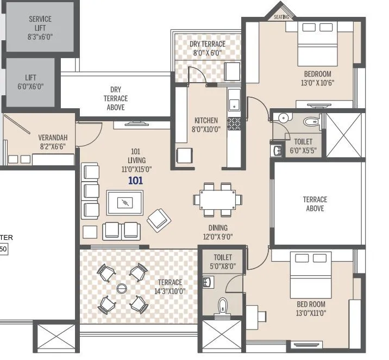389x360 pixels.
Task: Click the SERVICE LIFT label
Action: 41,28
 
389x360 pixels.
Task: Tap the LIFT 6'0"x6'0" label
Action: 30,82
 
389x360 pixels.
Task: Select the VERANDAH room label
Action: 52,142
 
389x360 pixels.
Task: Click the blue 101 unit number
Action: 135,181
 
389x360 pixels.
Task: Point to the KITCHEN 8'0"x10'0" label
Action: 206,125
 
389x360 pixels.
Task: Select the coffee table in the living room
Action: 126,203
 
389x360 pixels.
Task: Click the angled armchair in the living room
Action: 159,220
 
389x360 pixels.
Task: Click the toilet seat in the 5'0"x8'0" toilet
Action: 223,307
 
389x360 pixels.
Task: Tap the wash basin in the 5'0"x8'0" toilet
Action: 207,282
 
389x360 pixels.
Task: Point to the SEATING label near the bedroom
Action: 281,17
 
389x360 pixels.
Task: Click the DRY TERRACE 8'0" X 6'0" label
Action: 207,48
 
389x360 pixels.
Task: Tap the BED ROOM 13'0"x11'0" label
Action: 311,308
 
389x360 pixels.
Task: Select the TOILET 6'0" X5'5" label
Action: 303,146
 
